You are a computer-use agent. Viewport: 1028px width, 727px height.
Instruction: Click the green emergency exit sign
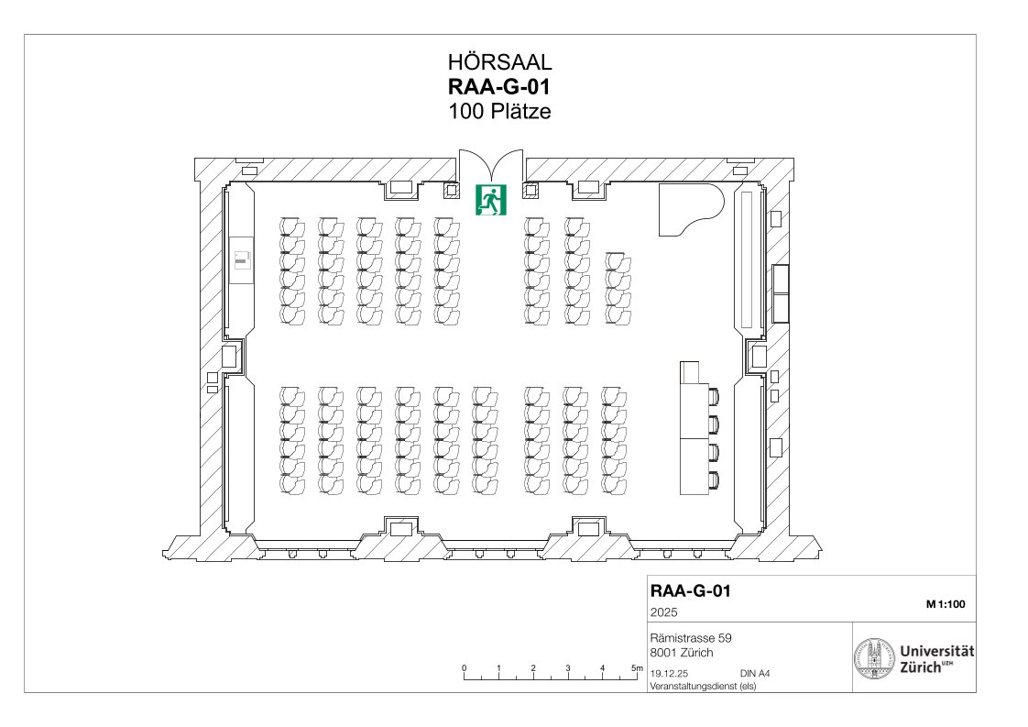491,200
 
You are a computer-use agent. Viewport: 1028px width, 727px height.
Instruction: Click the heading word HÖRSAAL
499,61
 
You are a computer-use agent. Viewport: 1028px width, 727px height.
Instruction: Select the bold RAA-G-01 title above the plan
499,86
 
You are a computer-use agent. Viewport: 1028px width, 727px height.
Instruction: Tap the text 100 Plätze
499,111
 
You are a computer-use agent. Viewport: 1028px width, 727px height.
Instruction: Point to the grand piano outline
690,209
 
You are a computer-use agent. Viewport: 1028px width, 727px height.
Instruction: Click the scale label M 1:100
946,604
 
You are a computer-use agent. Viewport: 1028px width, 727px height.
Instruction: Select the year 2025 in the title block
664,612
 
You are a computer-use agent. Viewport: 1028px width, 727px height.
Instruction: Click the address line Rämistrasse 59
691,638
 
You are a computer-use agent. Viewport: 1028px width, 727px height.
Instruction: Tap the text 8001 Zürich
682,653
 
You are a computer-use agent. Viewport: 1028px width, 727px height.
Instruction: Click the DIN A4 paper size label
755,673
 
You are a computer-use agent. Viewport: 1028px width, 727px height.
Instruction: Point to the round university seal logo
875,657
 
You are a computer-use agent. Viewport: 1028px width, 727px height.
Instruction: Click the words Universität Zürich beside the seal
936,659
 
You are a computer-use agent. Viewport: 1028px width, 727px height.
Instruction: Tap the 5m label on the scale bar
638,668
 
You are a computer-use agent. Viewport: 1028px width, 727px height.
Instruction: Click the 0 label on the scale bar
465,668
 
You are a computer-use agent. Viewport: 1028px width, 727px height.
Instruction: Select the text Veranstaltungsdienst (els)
703,687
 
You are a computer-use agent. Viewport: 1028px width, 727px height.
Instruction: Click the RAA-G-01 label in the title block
690,590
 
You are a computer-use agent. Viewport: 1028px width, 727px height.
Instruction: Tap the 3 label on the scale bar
568,668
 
